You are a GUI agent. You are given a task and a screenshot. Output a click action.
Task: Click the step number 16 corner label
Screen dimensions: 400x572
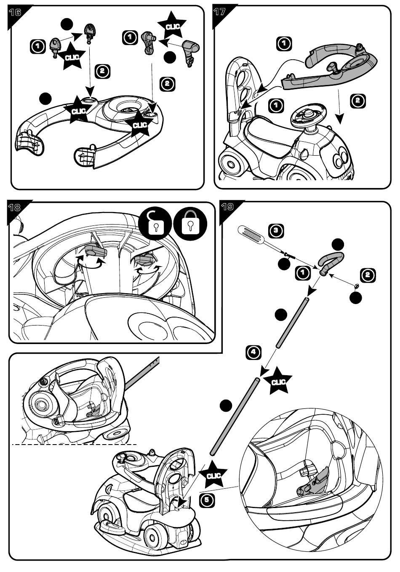[x=15, y=12]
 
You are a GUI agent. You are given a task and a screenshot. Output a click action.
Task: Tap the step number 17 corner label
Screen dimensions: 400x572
[x=219, y=12]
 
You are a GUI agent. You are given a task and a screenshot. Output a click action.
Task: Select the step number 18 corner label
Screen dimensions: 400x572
[x=14, y=207]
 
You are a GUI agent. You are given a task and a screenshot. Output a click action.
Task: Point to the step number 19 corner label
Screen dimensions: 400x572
[x=227, y=207]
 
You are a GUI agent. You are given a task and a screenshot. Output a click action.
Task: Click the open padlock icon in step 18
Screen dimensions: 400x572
[x=155, y=223]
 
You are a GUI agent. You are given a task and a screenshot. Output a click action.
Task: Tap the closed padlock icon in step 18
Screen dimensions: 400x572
[x=190, y=223]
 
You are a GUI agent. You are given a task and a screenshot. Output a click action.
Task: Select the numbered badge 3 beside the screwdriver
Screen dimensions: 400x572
[x=276, y=231]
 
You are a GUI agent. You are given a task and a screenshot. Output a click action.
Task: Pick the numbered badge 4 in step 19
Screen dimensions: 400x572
[x=253, y=352]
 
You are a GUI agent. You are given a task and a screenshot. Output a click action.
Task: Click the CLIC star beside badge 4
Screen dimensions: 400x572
[x=277, y=381]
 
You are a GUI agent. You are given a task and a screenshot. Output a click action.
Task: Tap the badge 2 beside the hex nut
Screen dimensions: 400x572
[x=368, y=275]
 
